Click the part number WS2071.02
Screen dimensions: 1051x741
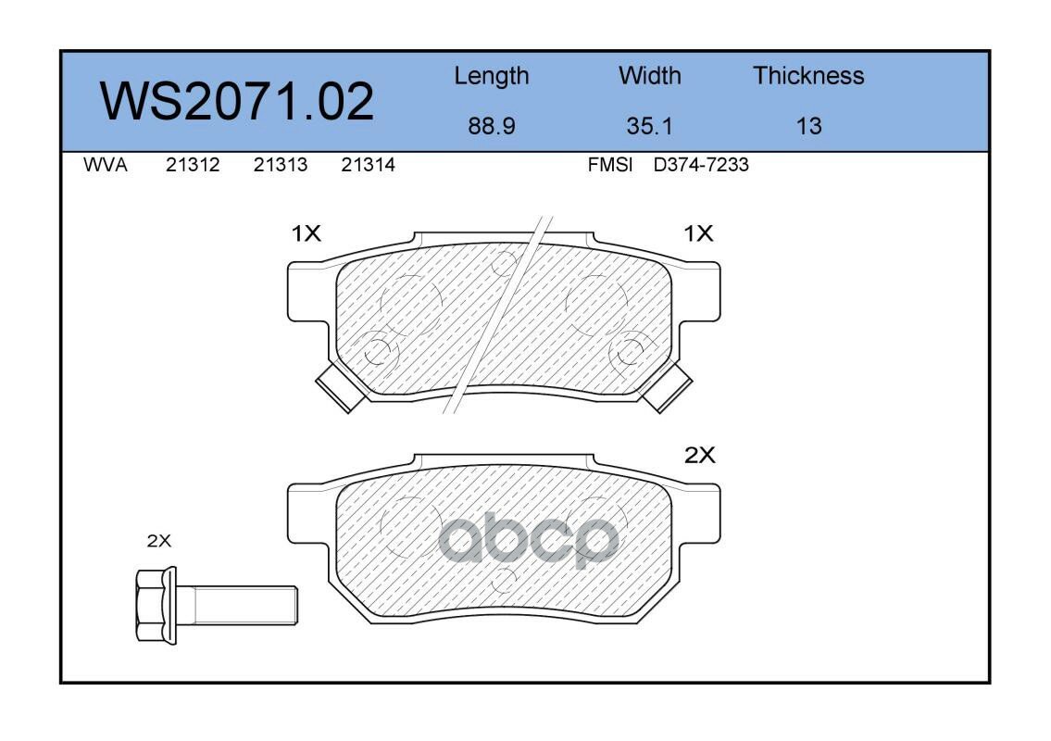tap(237, 101)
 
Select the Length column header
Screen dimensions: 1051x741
tap(492, 77)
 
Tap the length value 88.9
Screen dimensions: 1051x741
tap(492, 126)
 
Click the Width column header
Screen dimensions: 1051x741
tap(649, 75)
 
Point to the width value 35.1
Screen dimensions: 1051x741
tap(649, 126)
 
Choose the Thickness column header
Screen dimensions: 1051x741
tap(808, 75)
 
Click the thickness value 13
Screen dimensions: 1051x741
tap(808, 126)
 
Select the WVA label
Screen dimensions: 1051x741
tap(106, 165)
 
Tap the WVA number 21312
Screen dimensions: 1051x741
tap(193, 165)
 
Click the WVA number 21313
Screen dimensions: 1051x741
tap(281, 165)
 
